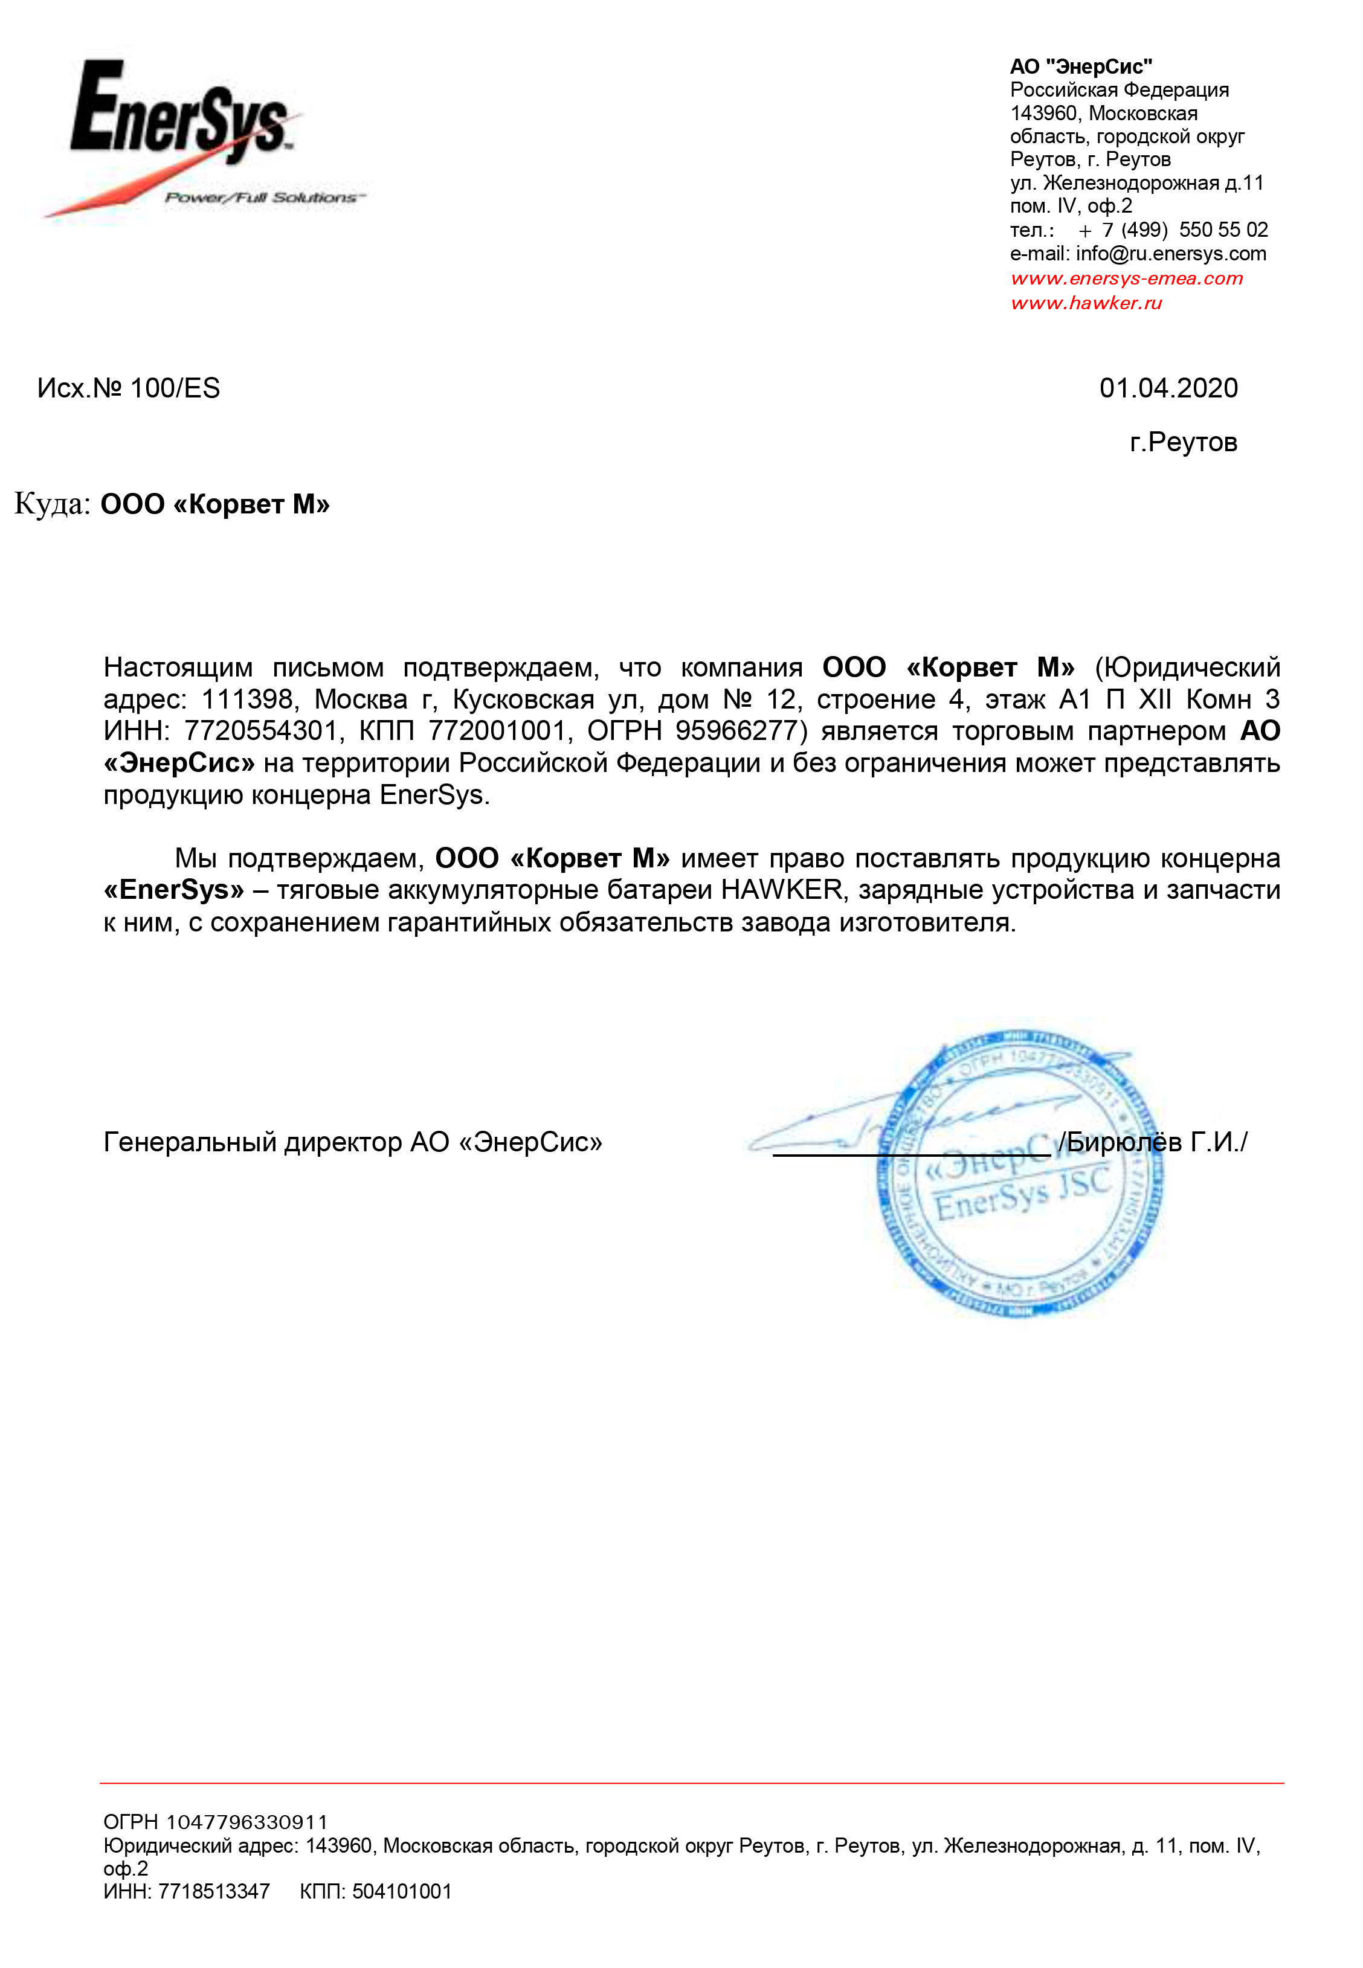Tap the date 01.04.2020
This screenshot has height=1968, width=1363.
coord(1167,388)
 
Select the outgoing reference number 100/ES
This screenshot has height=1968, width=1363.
coord(175,388)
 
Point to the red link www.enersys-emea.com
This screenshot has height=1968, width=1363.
coord(1126,278)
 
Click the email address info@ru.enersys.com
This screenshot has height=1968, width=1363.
coord(1170,254)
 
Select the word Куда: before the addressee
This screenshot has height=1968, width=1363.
coord(52,504)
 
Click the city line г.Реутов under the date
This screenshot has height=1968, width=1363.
coord(1183,442)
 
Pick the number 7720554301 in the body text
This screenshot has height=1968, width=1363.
coord(260,731)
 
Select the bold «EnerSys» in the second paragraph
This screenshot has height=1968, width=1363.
coord(173,890)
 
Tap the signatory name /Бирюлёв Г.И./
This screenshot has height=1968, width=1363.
coord(1153,1142)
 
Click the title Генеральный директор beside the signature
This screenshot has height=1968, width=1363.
coord(253,1142)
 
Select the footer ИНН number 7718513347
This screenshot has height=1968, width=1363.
coord(213,1891)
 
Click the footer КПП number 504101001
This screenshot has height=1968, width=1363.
coord(401,1891)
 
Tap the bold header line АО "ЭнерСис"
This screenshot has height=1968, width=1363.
coord(1080,66)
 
